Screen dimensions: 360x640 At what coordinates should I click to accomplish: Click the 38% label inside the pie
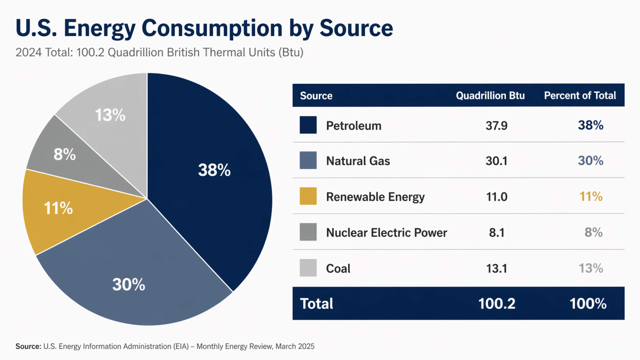coord(214,170)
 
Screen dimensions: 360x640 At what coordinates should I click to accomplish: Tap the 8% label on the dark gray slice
coord(65,154)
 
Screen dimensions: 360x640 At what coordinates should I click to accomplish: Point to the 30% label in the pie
coord(129,284)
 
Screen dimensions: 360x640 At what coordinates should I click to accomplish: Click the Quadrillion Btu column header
coord(490,95)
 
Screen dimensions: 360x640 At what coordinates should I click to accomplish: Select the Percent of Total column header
coord(580,95)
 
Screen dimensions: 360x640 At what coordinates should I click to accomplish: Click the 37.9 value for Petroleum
coord(496,126)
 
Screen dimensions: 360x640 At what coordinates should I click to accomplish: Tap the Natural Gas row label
coord(358,161)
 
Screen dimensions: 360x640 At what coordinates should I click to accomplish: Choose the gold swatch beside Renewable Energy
coord(308,196)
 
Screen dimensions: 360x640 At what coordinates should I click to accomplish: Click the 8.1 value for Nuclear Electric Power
coord(497,233)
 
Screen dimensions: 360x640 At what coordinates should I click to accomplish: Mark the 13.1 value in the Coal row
coord(497,268)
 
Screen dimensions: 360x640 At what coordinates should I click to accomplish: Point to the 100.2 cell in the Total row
coord(497,303)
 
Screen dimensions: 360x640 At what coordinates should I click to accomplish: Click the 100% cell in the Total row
coord(588,303)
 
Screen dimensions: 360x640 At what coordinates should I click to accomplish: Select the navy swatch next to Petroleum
coord(308,125)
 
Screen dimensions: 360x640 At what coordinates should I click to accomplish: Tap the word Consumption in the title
coord(212,28)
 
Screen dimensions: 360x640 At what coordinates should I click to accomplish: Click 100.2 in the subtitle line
coord(90,52)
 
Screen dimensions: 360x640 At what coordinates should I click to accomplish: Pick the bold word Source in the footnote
coord(28,346)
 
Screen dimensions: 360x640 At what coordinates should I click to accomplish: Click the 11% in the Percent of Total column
coord(591,197)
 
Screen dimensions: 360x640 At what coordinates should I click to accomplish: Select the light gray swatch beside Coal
coord(308,268)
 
